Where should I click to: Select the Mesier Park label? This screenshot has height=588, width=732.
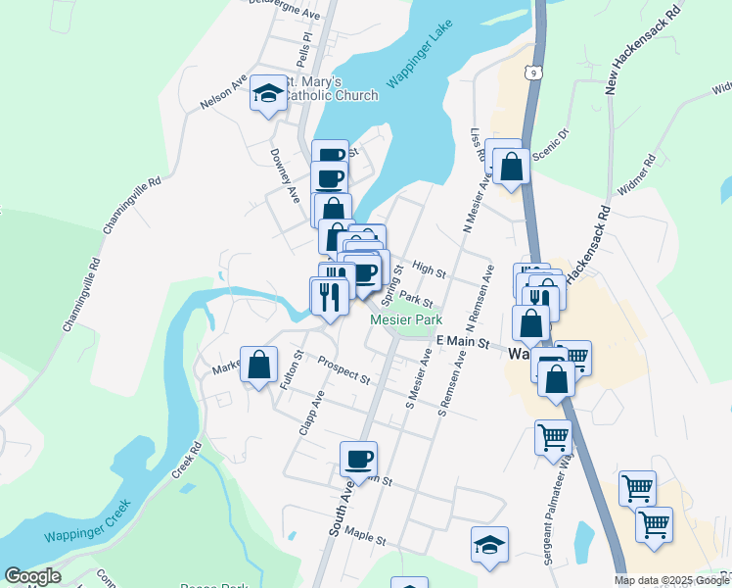point(406,319)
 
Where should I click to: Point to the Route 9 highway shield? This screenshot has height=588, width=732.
point(530,73)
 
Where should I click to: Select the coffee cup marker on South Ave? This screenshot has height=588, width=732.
point(358,458)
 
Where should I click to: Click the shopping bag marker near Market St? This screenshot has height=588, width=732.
point(258,366)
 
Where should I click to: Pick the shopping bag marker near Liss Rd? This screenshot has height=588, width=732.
point(511,166)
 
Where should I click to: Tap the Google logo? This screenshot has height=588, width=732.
point(32,576)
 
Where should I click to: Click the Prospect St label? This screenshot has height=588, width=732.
point(343,370)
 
